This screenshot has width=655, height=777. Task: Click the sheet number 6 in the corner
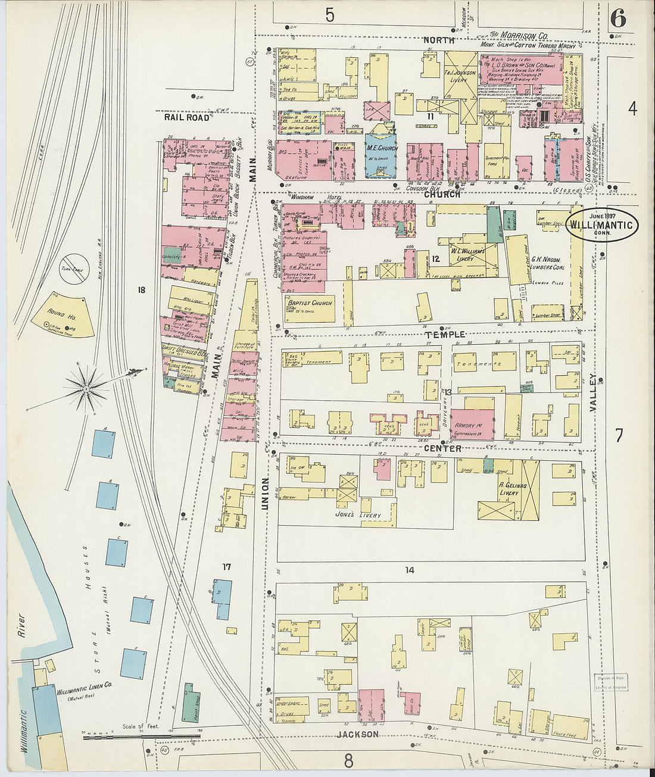[x=617, y=19]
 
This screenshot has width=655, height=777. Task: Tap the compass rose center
[x=87, y=389]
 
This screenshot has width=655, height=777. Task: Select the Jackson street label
[x=357, y=734]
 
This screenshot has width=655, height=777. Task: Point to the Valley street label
[x=592, y=392]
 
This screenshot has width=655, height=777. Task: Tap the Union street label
[x=266, y=493]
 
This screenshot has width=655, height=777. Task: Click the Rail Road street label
[x=187, y=117]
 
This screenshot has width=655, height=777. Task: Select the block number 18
[x=141, y=290]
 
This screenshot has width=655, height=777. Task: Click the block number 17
[x=226, y=567]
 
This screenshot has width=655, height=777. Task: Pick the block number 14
[x=410, y=570]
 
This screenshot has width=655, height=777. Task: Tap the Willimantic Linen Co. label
[x=85, y=692]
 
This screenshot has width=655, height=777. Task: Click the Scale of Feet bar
[x=113, y=737]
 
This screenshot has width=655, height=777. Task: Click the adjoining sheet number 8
[x=348, y=760]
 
